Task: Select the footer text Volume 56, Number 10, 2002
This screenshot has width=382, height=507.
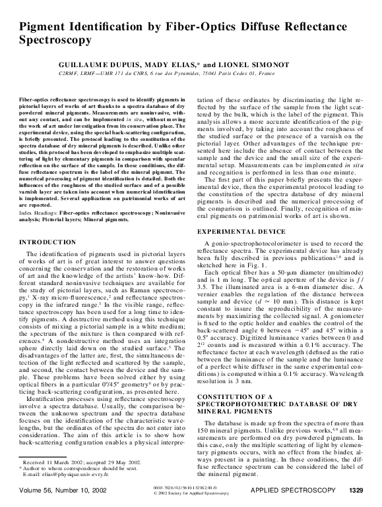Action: pos(63,491)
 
